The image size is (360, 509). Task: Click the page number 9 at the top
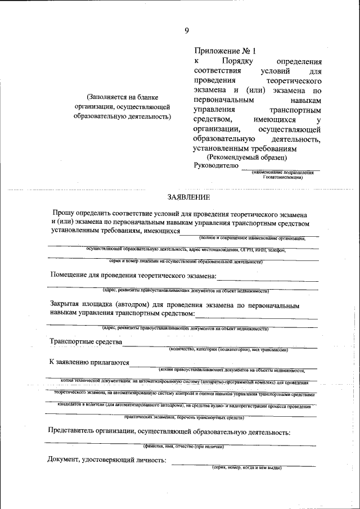point(186,30)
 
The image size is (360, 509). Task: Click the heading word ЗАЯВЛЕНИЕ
point(188,197)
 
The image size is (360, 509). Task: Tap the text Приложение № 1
point(220,51)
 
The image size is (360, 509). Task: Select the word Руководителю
point(215,166)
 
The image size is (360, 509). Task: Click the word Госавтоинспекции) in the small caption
point(282,177)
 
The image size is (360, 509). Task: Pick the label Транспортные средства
point(85,342)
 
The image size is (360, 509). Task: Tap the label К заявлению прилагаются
point(89,363)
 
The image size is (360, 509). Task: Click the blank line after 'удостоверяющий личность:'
point(243,463)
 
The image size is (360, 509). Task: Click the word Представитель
point(76,432)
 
